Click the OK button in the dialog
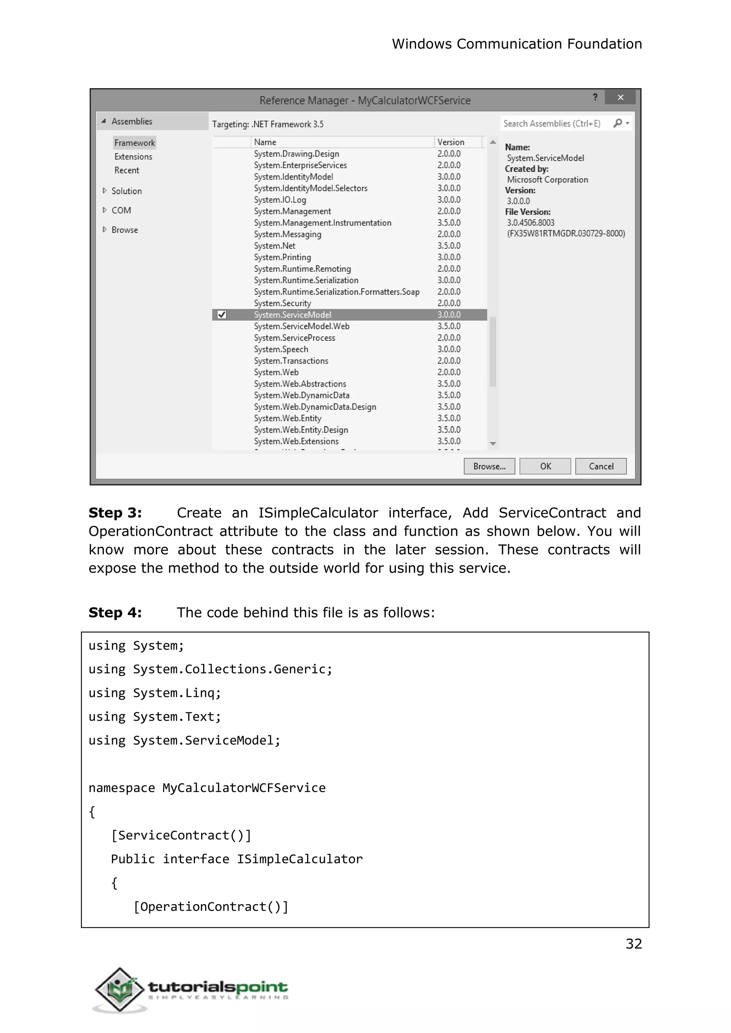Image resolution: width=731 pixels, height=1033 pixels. (545, 466)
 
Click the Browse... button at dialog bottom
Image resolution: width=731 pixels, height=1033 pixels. (489, 466)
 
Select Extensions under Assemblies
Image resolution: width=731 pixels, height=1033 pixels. (133, 157)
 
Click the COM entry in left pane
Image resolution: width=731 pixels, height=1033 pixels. (121, 210)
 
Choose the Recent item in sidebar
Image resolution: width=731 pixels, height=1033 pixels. (126, 170)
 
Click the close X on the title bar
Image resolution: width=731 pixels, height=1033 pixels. (620, 97)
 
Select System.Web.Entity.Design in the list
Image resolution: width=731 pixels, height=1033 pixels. (301, 430)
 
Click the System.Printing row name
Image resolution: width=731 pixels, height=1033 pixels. (282, 257)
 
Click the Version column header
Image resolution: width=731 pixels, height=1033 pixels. (450, 142)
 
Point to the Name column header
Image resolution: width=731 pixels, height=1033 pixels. (265, 142)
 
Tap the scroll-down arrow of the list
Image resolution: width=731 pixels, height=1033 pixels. (493, 444)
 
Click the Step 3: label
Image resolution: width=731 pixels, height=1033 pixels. (115, 513)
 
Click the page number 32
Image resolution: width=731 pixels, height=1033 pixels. (633, 943)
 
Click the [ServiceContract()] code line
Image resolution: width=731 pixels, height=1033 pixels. (181, 835)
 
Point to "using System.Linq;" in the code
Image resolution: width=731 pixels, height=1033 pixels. (155, 693)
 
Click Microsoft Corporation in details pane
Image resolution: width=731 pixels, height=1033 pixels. (547, 180)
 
